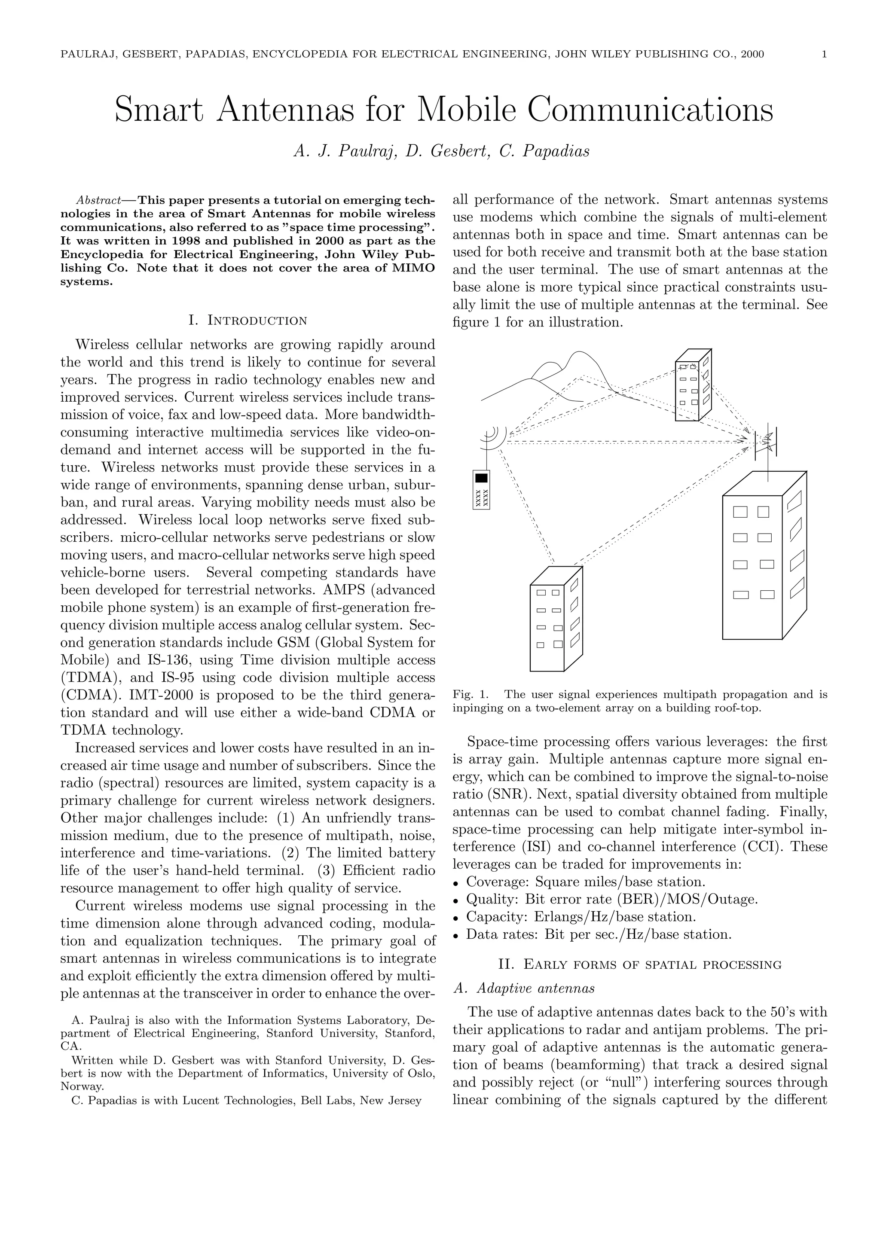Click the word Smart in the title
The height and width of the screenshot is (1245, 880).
(x=159, y=110)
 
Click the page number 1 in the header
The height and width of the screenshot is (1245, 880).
(x=824, y=54)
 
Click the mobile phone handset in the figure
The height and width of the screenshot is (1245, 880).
(x=481, y=489)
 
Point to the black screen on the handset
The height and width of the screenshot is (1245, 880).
(x=481, y=478)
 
